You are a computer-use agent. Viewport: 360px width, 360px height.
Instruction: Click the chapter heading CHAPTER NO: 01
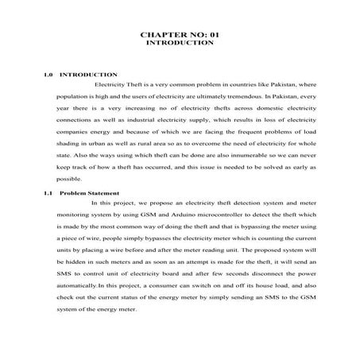pyautogui.click(x=180, y=36)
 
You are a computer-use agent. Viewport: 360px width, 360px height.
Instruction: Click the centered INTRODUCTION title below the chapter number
pyautogui.click(x=180, y=45)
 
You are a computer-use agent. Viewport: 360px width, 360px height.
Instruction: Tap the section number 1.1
pyautogui.click(x=48, y=194)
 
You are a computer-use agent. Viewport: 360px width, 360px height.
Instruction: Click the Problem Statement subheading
pyautogui.click(x=89, y=194)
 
